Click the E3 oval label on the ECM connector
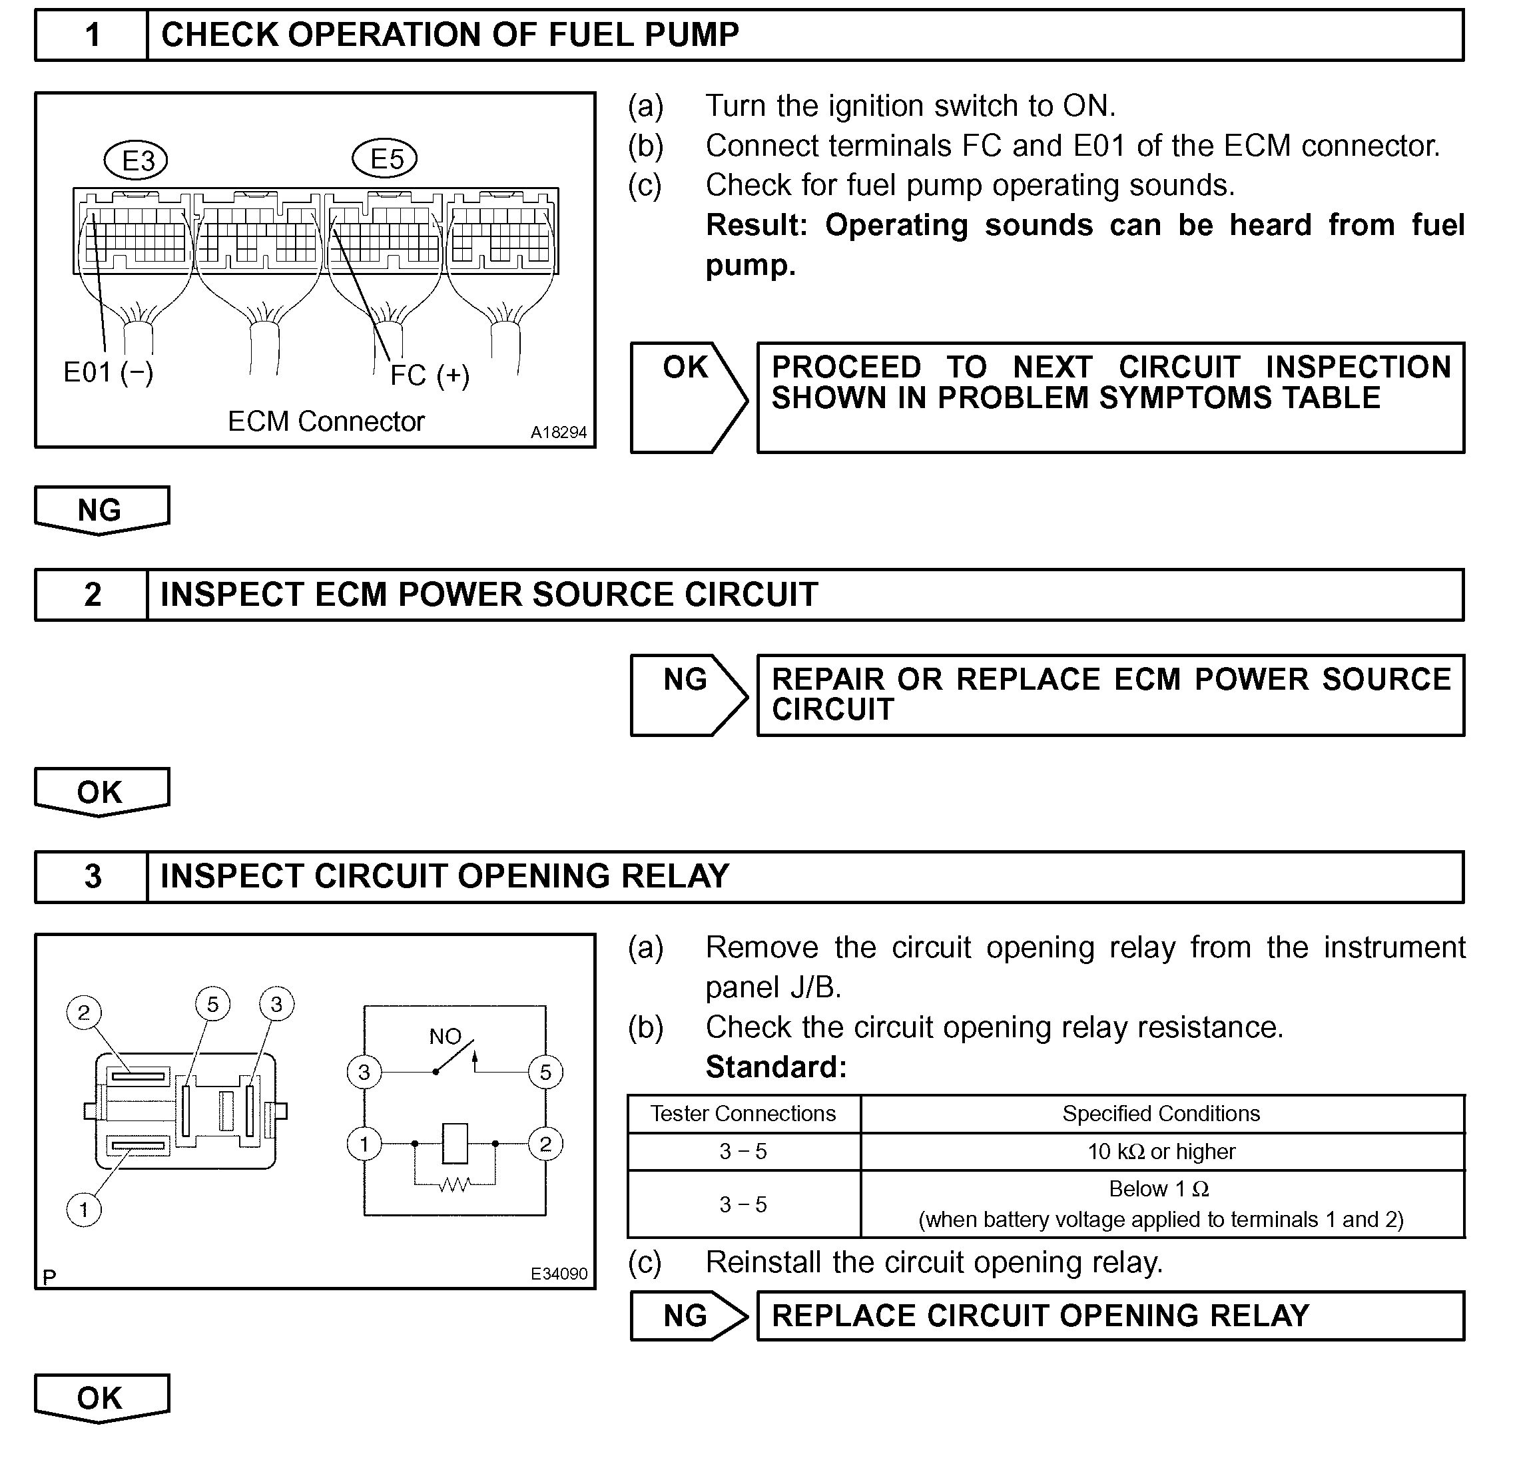coord(136,160)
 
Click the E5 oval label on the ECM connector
coord(384,158)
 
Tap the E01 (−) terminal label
coord(108,373)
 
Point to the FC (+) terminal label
coord(430,376)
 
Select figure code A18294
coord(558,433)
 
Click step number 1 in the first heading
coord(93,35)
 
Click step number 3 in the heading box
coord(93,877)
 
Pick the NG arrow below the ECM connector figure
coord(101,510)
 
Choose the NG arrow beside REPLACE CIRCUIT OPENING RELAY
coord(687,1316)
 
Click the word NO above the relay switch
coord(445,1037)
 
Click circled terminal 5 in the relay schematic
coord(545,1072)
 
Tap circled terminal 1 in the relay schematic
coord(364,1143)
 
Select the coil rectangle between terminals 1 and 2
coord(455,1143)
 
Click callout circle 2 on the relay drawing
coord(83,1013)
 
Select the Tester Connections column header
coord(743,1114)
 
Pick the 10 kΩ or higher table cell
coord(1161,1152)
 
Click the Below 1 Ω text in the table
coord(1159,1190)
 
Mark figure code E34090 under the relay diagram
coord(558,1274)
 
